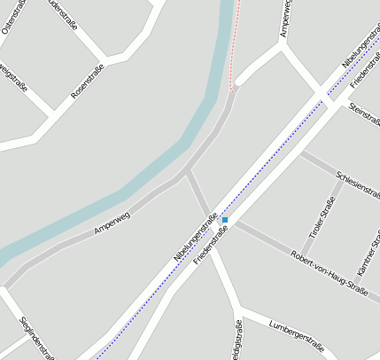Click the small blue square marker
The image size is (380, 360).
tap(225, 219)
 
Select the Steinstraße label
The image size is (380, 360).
tap(364, 113)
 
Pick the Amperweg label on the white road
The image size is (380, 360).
tap(285, 20)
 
